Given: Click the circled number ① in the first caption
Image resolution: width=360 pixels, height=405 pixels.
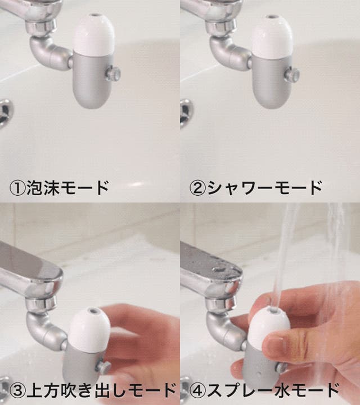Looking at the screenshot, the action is click(17, 188).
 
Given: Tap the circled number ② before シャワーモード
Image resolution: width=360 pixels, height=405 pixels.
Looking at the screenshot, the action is click(197, 188).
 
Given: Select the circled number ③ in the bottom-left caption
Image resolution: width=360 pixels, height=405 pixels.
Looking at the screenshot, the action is click(17, 391).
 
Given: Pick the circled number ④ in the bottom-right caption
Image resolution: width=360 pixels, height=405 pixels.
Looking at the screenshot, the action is click(197, 391).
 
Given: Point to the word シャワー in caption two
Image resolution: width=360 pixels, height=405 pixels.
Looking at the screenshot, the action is click(240, 188).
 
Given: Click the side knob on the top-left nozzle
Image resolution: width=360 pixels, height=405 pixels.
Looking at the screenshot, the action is click(113, 74).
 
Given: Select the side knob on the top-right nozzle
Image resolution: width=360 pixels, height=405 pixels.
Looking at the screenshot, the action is click(292, 74).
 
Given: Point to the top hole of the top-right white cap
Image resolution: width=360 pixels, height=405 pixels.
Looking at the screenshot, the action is click(272, 17).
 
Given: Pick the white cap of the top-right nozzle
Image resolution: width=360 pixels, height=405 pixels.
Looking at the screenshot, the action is click(272, 36).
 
